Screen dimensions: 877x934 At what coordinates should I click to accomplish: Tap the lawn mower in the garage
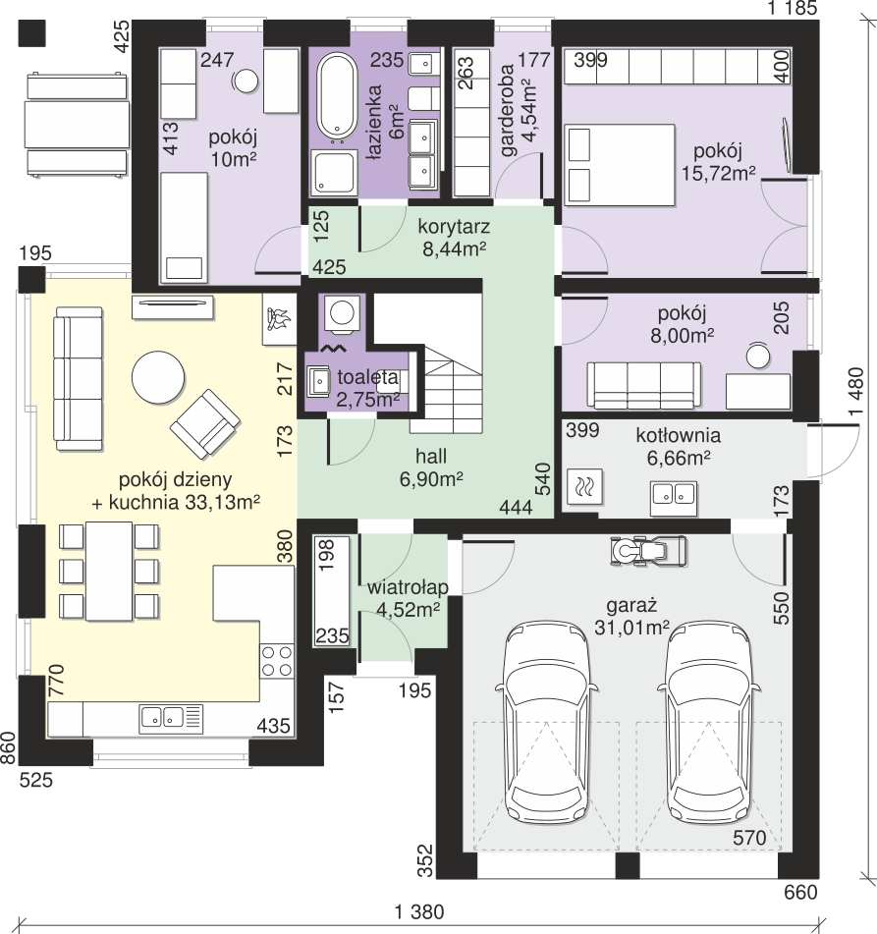[x=648, y=550]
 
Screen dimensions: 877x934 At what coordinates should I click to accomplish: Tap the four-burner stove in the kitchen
[x=276, y=661]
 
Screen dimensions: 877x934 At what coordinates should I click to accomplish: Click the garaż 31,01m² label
[x=631, y=616]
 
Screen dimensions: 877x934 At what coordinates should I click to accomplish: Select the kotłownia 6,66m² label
[x=678, y=446]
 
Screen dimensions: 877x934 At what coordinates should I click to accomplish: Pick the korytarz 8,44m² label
[x=454, y=237]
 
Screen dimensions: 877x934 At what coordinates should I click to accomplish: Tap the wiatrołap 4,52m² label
[x=408, y=598]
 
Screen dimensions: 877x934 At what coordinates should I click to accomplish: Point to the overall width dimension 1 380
[x=419, y=912]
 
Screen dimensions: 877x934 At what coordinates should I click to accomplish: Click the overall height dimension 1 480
[x=855, y=392]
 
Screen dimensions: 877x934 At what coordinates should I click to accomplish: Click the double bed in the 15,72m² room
[x=619, y=165]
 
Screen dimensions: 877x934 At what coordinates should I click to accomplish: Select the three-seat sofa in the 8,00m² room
[x=643, y=385]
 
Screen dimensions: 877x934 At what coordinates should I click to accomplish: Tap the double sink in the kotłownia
[x=674, y=498]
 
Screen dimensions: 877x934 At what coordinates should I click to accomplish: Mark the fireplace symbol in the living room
[x=280, y=320]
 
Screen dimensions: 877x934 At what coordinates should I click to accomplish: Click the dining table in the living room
[x=109, y=572]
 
